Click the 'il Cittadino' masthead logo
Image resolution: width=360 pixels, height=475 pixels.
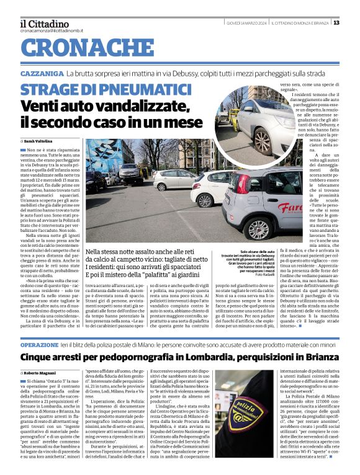(x=45, y=22)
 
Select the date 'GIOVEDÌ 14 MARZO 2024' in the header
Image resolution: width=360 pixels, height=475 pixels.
(x=245, y=22)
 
